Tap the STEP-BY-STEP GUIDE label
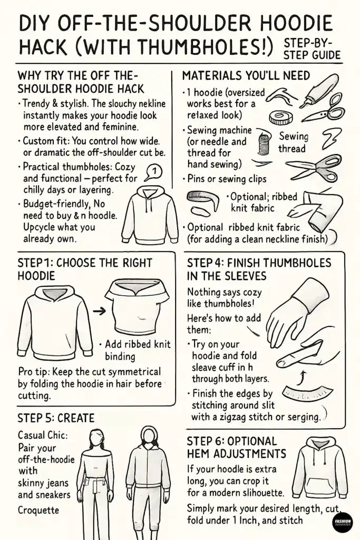312,49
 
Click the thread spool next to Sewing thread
264,143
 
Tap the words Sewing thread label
293,142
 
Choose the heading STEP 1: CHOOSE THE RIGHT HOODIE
84,269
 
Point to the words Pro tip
35,372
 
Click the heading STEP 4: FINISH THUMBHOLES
259,268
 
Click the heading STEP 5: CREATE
56,418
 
